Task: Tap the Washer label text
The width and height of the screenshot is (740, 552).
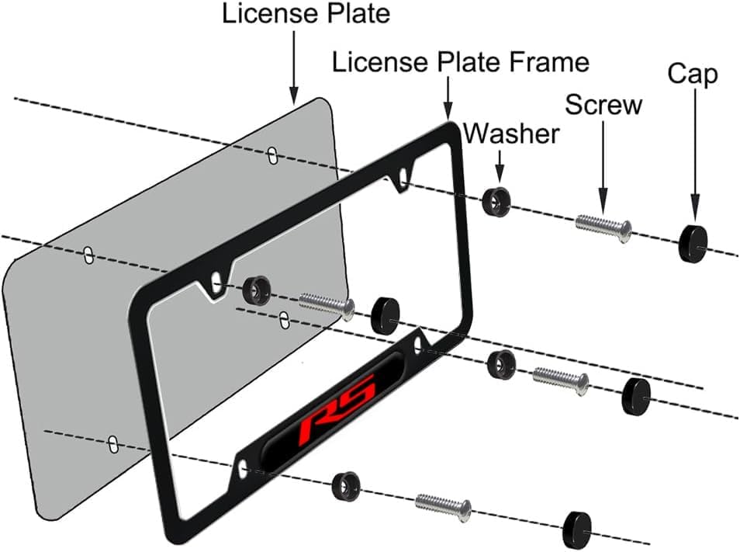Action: tap(512, 134)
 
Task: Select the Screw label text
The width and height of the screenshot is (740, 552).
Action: tap(603, 104)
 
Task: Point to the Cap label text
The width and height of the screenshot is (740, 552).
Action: tap(693, 75)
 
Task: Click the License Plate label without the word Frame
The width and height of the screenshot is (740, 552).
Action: tap(306, 13)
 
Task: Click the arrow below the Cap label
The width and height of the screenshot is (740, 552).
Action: tap(695, 154)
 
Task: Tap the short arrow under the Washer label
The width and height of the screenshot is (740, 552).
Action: tap(500, 167)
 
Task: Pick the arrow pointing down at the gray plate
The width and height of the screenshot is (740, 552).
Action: tap(293, 68)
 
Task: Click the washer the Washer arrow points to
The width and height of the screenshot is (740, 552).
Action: tap(496, 202)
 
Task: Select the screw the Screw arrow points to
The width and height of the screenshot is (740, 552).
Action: tap(603, 228)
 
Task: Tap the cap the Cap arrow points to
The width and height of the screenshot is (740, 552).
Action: tap(693, 244)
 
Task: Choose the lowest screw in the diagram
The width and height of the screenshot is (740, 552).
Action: tap(443, 508)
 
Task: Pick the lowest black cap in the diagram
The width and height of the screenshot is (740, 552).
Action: tap(577, 529)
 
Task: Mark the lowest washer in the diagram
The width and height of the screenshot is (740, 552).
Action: tap(346, 485)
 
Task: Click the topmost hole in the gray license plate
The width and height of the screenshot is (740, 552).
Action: tap(271, 155)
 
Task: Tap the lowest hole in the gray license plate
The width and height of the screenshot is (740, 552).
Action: tap(112, 444)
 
